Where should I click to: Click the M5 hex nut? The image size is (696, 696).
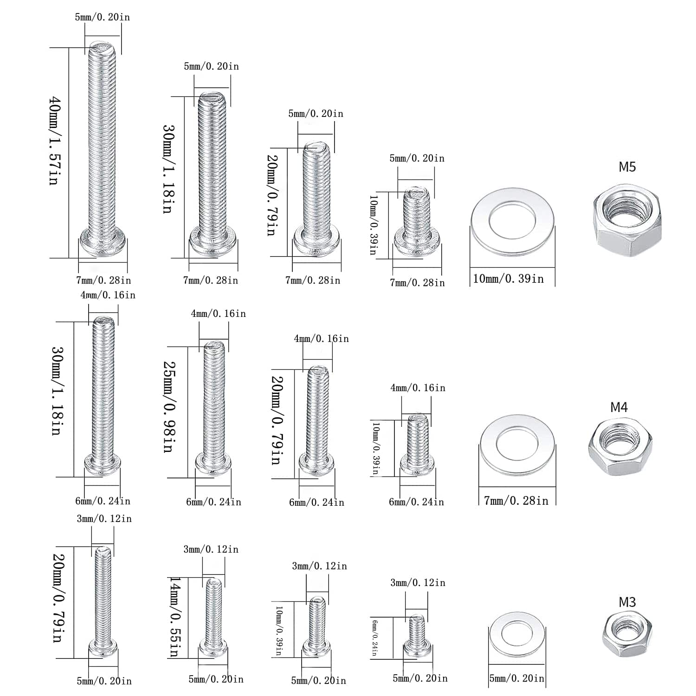(627, 220)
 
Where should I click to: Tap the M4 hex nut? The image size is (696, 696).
(620, 445)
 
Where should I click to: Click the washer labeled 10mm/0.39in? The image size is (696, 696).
(512, 222)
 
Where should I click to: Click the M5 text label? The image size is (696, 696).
(627, 167)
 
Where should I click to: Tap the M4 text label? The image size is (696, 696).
(619, 407)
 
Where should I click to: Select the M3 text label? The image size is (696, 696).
(627, 602)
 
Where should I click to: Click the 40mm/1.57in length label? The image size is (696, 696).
(56, 141)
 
